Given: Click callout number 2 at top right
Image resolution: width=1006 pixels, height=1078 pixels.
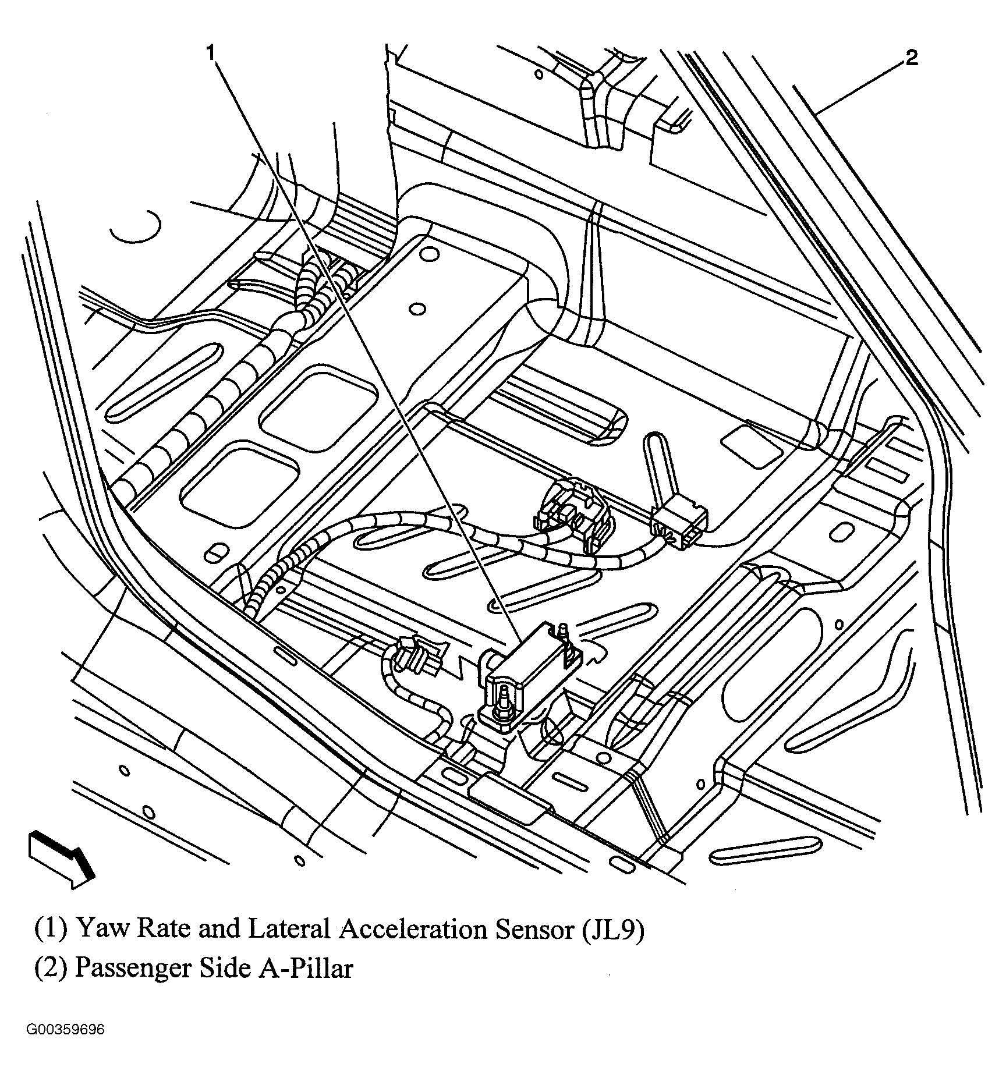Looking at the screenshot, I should tap(912, 58).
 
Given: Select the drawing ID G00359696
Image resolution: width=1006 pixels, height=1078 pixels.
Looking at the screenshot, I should tap(65, 1046).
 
